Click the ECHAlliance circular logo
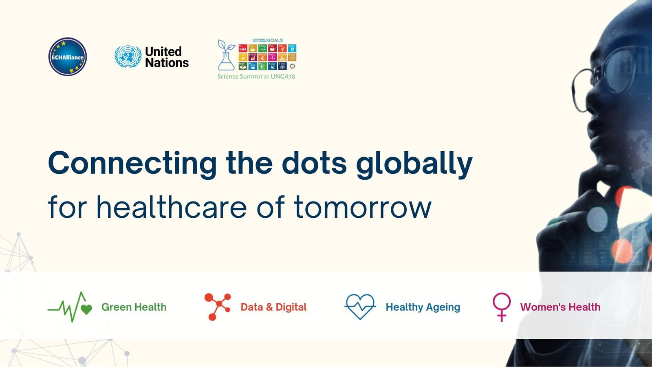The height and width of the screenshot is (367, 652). click(68, 57)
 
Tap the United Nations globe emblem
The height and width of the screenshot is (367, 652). click(128, 57)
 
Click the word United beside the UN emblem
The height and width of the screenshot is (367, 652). click(163, 51)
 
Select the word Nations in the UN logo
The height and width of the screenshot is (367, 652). click(167, 63)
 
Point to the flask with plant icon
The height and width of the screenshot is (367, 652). click(226, 55)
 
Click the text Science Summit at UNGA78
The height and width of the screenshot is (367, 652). click(256, 76)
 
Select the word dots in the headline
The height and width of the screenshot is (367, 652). click(314, 164)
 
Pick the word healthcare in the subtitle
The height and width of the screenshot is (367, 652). click(171, 207)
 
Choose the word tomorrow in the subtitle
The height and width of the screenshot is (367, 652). click(363, 207)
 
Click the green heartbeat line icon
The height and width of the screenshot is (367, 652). click(70, 307)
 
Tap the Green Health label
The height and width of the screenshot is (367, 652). click(134, 307)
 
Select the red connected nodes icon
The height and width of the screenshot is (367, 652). click(217, 307)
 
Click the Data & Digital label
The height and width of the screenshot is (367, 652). click(273, 307)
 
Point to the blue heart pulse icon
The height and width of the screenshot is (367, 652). click(360, 307)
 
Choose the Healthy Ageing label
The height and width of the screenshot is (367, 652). click(423, 307)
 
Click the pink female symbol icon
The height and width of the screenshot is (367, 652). click(502, 307)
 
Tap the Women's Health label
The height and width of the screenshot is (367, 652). click(560, 307)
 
